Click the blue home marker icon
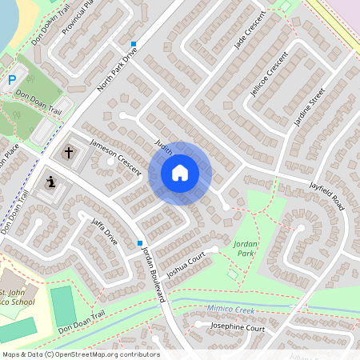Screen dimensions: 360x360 (180, 173)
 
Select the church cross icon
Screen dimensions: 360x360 (68, 151)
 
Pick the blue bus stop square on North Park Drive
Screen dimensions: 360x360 (134, 44)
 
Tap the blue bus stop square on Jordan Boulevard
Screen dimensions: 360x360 (140, 243)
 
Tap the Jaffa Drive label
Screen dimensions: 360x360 (105, 230)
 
